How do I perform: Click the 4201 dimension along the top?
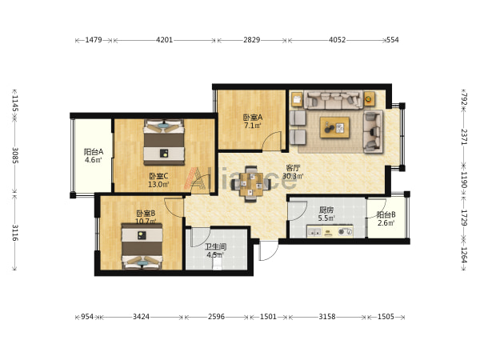pyautogui.click(x=164, y=40)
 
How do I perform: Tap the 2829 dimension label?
pyautogui.click(x=252, y=40)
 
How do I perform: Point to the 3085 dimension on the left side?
pyautogui.click(x=15, y=155)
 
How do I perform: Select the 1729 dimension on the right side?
pyautogui.click(x=464, y=218)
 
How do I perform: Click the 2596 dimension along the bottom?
pyautogui.click(x=217, y=317)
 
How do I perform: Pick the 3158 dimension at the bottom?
pyautogui.click(x=327, y=317)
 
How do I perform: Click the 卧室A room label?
pyautogui.click(x=253, y=118)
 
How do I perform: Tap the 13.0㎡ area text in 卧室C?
pyautogui.click(x=158, y=185)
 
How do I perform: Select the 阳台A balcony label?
pyautogui.click(x=94, y=152)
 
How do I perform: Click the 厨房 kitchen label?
pyautogui.click(x=326, y=210)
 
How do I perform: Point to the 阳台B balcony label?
pyautogui.click(x=386, y=215)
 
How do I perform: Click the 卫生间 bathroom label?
pyautogui.click(x=215, y=246)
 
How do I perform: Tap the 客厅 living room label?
pyautogui.click(x=293, y=168)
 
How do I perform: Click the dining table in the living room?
pyautogui.click(x=251, y=184)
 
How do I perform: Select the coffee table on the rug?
pyautogui.click(x=334, y=127)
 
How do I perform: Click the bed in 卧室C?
pyautogui.click(x=164, y=142)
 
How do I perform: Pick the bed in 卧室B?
pyautogui.click(x=142, y=246)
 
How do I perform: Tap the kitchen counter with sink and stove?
pyautogui.click(x=330, y=232)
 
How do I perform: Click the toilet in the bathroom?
pyautogui.click(x=217, y=265)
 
